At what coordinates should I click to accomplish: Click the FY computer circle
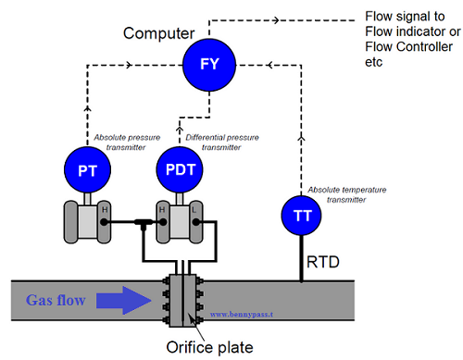point(208,66)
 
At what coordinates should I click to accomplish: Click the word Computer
point(159,34)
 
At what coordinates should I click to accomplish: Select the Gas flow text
point(56,301)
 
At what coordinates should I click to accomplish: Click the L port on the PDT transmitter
point(194,211)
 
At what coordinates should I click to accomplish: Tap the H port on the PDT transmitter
point(163,211)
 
